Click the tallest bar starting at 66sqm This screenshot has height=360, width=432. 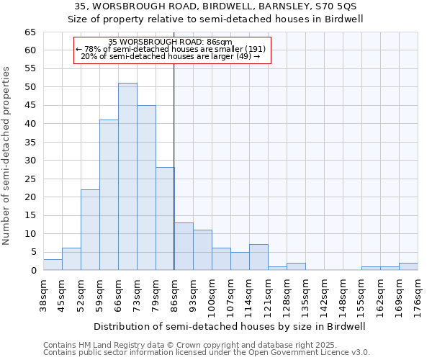(127, 176)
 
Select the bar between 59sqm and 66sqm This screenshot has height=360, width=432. (109, 195)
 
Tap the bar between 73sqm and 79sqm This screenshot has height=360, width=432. (146, 187)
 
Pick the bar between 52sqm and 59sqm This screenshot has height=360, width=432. (90, 230)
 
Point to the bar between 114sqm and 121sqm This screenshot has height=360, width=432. (258, 258)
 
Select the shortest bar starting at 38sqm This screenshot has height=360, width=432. (53, 265)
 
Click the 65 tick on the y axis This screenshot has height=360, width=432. (30, 32)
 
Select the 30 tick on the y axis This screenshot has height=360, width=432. (30, 161)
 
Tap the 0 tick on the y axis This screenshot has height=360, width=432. (33, 271)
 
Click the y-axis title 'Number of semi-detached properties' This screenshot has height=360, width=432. (6, 156)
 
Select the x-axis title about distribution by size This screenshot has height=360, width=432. (230, 326)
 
